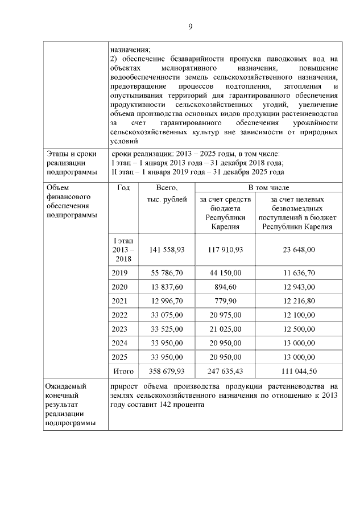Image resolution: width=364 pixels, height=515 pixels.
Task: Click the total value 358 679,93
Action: point(166,371)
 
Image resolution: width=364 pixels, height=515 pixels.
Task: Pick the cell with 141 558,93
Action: point(166,249)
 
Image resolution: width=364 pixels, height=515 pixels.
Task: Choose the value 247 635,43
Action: point(225,371)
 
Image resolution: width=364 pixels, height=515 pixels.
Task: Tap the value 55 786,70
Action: point(166,273)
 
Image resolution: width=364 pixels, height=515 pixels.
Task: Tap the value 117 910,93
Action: point(225,249)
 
